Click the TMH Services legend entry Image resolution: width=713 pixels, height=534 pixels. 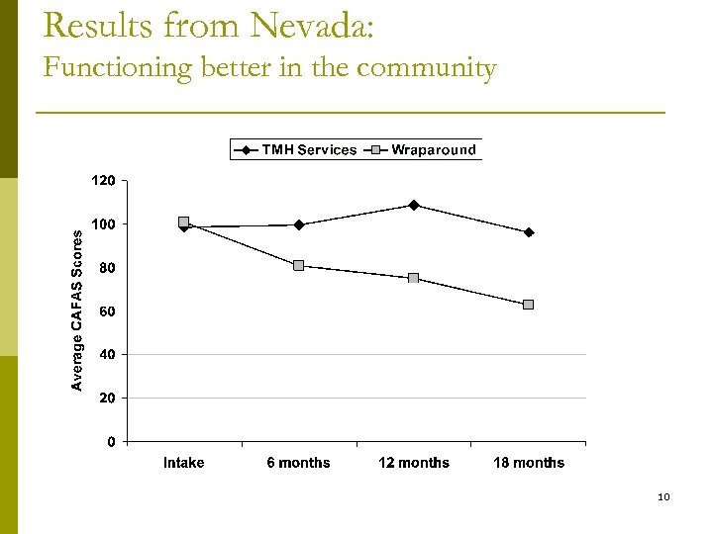click(x=297, y=150)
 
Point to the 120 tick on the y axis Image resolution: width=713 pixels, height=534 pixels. click(x=104, y=181)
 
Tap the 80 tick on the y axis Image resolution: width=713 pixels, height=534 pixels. click(x=107, y=268)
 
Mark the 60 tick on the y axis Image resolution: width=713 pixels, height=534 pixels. click(x=107, y=311)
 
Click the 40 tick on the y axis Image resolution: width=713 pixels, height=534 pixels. click(x=107, y=354)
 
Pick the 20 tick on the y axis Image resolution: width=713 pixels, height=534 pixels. click(x=107, y=398)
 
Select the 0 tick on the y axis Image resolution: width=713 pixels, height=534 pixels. click(x=111, y=441)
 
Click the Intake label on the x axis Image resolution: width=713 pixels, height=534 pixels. click(x=183, y=463)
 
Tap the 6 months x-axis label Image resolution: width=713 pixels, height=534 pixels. click(x=298, y=463)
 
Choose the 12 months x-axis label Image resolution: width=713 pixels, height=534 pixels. click(x=414, y=463)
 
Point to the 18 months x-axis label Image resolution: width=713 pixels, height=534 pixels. click(x=529, y=463)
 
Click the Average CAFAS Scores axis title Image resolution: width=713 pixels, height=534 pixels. click(x=78, y=309)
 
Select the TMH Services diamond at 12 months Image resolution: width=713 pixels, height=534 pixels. click(x=414, y=205)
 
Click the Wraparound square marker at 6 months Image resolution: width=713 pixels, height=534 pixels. click(x=298, y=265)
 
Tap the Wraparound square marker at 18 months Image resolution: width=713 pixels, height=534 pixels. click(x=529, y=305)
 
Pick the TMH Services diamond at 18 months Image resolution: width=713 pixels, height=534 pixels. click(x=529, y=232)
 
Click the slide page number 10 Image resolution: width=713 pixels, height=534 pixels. click(x=663, y=496)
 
